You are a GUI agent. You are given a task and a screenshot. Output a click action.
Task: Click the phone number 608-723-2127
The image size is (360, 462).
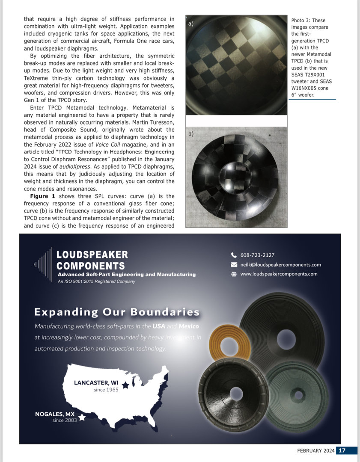tap(257, 255)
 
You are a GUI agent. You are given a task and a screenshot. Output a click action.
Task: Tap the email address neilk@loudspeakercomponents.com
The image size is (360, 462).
tap(280, 265)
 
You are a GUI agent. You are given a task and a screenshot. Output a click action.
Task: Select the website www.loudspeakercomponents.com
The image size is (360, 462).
tap(279, 274)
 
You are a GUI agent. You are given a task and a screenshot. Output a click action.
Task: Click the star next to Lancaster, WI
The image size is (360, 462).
tap(125, 385)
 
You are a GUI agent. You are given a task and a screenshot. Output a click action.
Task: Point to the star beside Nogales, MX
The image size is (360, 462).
tap(82, 417)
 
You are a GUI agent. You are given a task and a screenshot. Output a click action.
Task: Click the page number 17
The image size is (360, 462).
tap(341, 450)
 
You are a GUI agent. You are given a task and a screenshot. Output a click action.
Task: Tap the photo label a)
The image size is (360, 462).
tap(190, 24)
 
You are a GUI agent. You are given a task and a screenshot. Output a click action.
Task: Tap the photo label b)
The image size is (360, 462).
tap(191, 134)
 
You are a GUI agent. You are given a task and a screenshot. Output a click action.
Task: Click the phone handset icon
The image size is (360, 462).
tap(234, 255)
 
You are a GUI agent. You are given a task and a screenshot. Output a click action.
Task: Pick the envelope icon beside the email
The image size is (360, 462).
tap(234, 265)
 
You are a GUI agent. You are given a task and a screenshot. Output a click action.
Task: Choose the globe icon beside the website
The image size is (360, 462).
tap(234, 274)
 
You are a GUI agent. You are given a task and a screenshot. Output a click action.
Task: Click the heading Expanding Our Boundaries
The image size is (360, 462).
tap(117, 312)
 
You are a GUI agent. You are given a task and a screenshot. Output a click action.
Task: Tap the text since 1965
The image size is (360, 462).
tap(106, 390)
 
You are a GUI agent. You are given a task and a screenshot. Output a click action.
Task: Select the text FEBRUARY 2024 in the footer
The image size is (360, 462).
tap(315, 450)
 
